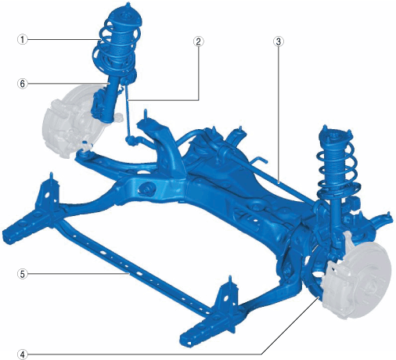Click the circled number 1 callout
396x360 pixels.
22,40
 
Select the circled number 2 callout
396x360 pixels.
198,41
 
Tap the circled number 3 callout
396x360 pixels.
279,41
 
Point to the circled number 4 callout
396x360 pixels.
22,355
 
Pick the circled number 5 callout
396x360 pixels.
22,274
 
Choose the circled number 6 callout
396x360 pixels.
22,84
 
